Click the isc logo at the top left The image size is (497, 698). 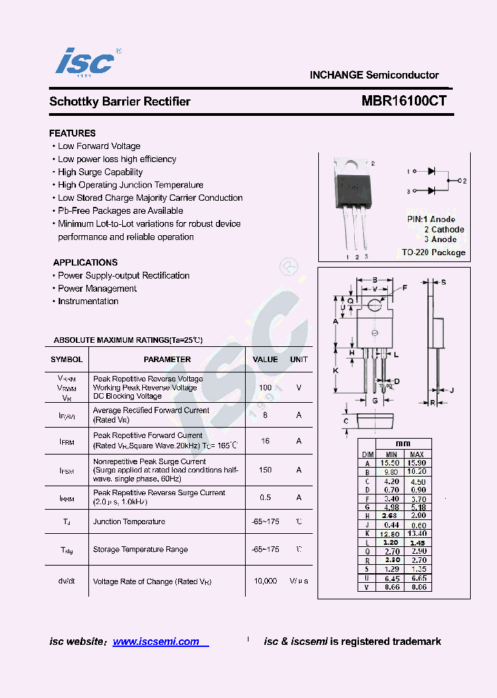[x=85, y=62]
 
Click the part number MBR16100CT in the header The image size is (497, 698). [x=404, y=101]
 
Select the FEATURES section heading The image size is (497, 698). [x=72, y=133]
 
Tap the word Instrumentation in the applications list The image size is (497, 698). [x=88, y=301]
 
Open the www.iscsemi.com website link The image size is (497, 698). [x=156, y=641]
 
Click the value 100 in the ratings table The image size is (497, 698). [x=265, y=388]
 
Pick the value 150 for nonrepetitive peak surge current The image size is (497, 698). [x=265, y=470]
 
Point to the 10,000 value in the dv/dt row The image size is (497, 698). [x=265, y=581]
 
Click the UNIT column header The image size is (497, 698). [x=299, y=359]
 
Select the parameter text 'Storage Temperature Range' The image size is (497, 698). [x=140, y=550]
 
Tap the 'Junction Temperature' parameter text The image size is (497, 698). [x=129, y=522]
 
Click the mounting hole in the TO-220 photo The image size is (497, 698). [x=351, y=166]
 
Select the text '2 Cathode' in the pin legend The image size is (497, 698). [x=444, y=230]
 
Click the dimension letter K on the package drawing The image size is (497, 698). [x=335, y=370]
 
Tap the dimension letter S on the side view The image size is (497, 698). [x=443, y=282]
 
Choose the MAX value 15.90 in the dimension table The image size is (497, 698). [x=417, y=463]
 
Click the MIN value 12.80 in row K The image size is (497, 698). [x=391, y=534]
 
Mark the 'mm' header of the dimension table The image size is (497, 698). [x=403, y=443]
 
